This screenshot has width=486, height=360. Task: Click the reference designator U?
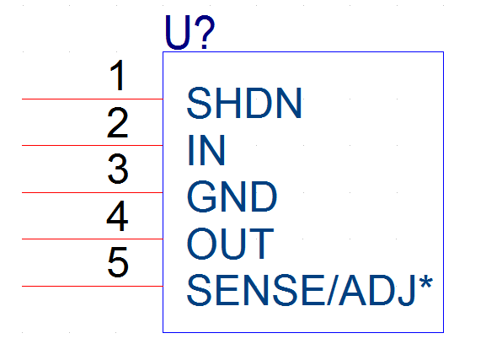[190, 32]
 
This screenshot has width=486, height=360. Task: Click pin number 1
[118, 75]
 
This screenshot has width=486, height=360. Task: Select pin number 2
[117, 122]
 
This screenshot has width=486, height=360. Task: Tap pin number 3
[118, 169]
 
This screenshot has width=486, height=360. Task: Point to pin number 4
[117, 216]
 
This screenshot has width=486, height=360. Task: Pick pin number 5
[118, 262]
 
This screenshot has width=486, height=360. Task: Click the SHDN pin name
[244, 103]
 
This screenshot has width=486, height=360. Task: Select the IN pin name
[206, 150]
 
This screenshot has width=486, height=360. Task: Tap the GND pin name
[232, 196]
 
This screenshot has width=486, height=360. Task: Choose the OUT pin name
[231, 244]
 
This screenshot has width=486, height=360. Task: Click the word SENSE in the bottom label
[256, 290]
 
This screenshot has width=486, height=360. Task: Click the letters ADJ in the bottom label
[377, 290]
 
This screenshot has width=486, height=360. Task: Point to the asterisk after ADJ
[425, 282]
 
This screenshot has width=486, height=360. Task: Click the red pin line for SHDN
[93, 99]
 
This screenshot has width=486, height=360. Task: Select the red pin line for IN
[93, 145]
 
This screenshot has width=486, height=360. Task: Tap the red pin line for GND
[93, 193]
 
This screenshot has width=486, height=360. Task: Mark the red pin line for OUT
[93, 239]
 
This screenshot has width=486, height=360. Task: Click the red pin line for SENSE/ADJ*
[93, 286]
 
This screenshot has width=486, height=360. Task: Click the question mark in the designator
[205, 32]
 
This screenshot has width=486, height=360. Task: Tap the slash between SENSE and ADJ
[331, 290]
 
